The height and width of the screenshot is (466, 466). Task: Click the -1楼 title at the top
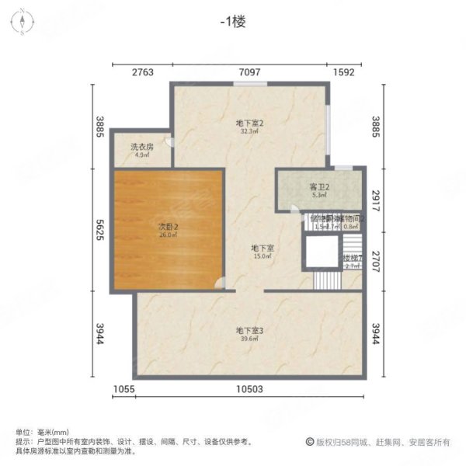233,23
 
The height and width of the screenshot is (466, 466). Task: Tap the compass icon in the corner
23,21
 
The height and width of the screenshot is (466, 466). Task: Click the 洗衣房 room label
141,147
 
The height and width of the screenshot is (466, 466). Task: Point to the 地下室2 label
250,123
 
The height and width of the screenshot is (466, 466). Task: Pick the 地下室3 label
250,330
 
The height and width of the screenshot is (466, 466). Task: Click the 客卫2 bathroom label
321,187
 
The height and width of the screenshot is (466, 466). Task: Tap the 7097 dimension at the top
250,72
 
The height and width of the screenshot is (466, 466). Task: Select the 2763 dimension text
142,72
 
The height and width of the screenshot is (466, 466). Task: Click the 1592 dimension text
344,72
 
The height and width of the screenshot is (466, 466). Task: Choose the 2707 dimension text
376,258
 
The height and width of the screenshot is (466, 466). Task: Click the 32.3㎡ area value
250,131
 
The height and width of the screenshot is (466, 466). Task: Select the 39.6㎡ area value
250,339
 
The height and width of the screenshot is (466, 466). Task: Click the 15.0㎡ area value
261,256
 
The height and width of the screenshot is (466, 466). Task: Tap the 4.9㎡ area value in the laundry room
141,155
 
